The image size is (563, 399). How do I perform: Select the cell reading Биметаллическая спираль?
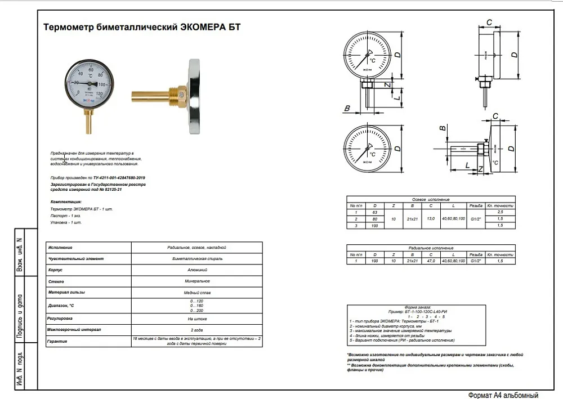196,258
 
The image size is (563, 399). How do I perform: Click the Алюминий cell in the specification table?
196,270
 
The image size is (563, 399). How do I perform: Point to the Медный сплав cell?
196,292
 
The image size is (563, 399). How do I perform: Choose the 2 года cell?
196,329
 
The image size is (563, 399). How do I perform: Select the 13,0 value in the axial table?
431,218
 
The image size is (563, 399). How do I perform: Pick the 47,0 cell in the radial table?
431,261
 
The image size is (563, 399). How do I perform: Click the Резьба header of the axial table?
476,206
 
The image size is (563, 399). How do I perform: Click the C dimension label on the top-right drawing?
489,23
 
